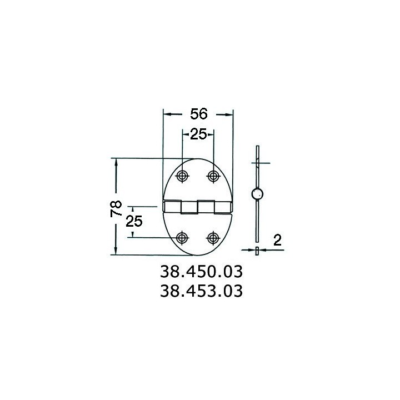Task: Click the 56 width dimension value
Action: click(x=199, y=114)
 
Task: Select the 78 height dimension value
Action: click(x=116, y=209)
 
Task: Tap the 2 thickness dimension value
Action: click(x=277, y=240)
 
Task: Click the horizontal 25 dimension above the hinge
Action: click(x=198, y=134)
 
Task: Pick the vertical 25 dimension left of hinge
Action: click(x=134, y=221)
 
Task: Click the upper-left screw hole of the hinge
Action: click(x=182, y=176)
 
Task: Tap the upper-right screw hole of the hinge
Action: click(x=213, y=176)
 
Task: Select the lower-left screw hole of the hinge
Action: click(x=182, y=238)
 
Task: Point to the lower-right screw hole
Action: click(x=213, y=238)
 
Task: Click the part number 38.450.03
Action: click(x=201, y=272)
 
